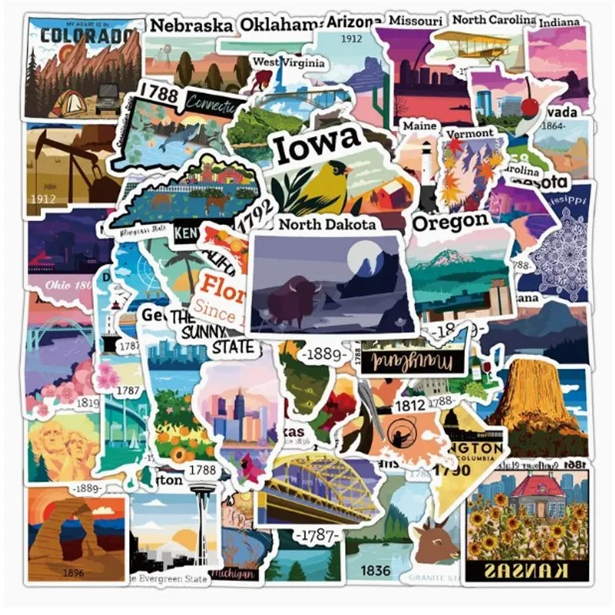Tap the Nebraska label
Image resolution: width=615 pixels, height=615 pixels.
[191, 25]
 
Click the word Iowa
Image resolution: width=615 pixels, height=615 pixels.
[317, 144]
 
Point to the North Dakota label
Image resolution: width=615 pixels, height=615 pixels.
[327, 224]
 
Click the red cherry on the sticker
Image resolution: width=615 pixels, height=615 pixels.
[529, 107]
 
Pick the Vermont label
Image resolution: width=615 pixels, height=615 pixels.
[469, 133]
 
